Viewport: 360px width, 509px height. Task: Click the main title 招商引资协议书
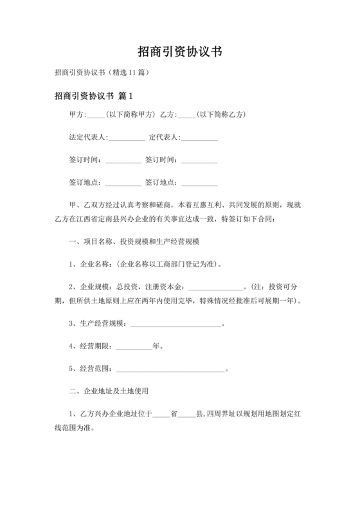180,51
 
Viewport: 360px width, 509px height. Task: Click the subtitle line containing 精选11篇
102,73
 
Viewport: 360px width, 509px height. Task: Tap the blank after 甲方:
95,115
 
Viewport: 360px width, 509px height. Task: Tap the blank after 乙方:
186,115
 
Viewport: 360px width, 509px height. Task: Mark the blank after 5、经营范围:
170,369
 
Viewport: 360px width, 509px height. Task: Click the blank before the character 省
161,414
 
